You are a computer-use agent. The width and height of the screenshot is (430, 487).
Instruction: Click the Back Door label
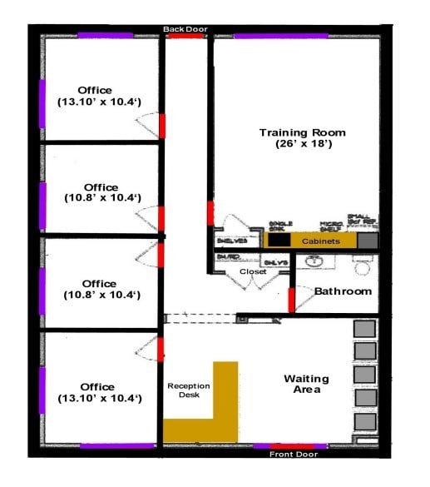tap(185, 29)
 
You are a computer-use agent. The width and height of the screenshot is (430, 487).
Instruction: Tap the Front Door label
tap(290, 455)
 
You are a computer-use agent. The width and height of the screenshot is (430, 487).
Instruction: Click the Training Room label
tap(302, 132)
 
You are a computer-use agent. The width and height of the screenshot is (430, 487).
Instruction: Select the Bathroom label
tap(343, 291)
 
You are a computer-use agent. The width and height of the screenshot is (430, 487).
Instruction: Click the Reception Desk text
tap(189, 390)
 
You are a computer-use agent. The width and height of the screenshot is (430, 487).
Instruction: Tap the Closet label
tap(253, 272)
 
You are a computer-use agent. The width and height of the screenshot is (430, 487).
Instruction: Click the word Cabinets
tap(320, 241)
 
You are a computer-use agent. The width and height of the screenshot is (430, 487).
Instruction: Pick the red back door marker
tap(186, 37)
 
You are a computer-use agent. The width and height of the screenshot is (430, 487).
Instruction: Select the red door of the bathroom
tap(292, 300)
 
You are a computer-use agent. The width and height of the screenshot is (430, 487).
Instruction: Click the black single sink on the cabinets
tap(279, 240)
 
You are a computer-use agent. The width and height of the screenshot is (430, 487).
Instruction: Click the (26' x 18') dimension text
tap(302, 144)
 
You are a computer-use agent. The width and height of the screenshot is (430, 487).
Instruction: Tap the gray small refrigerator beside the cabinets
tap(367, 240)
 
